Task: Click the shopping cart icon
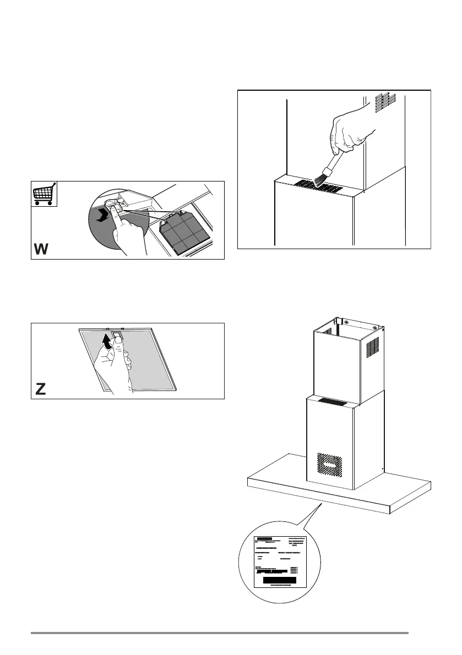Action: click(x=44, y=194)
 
